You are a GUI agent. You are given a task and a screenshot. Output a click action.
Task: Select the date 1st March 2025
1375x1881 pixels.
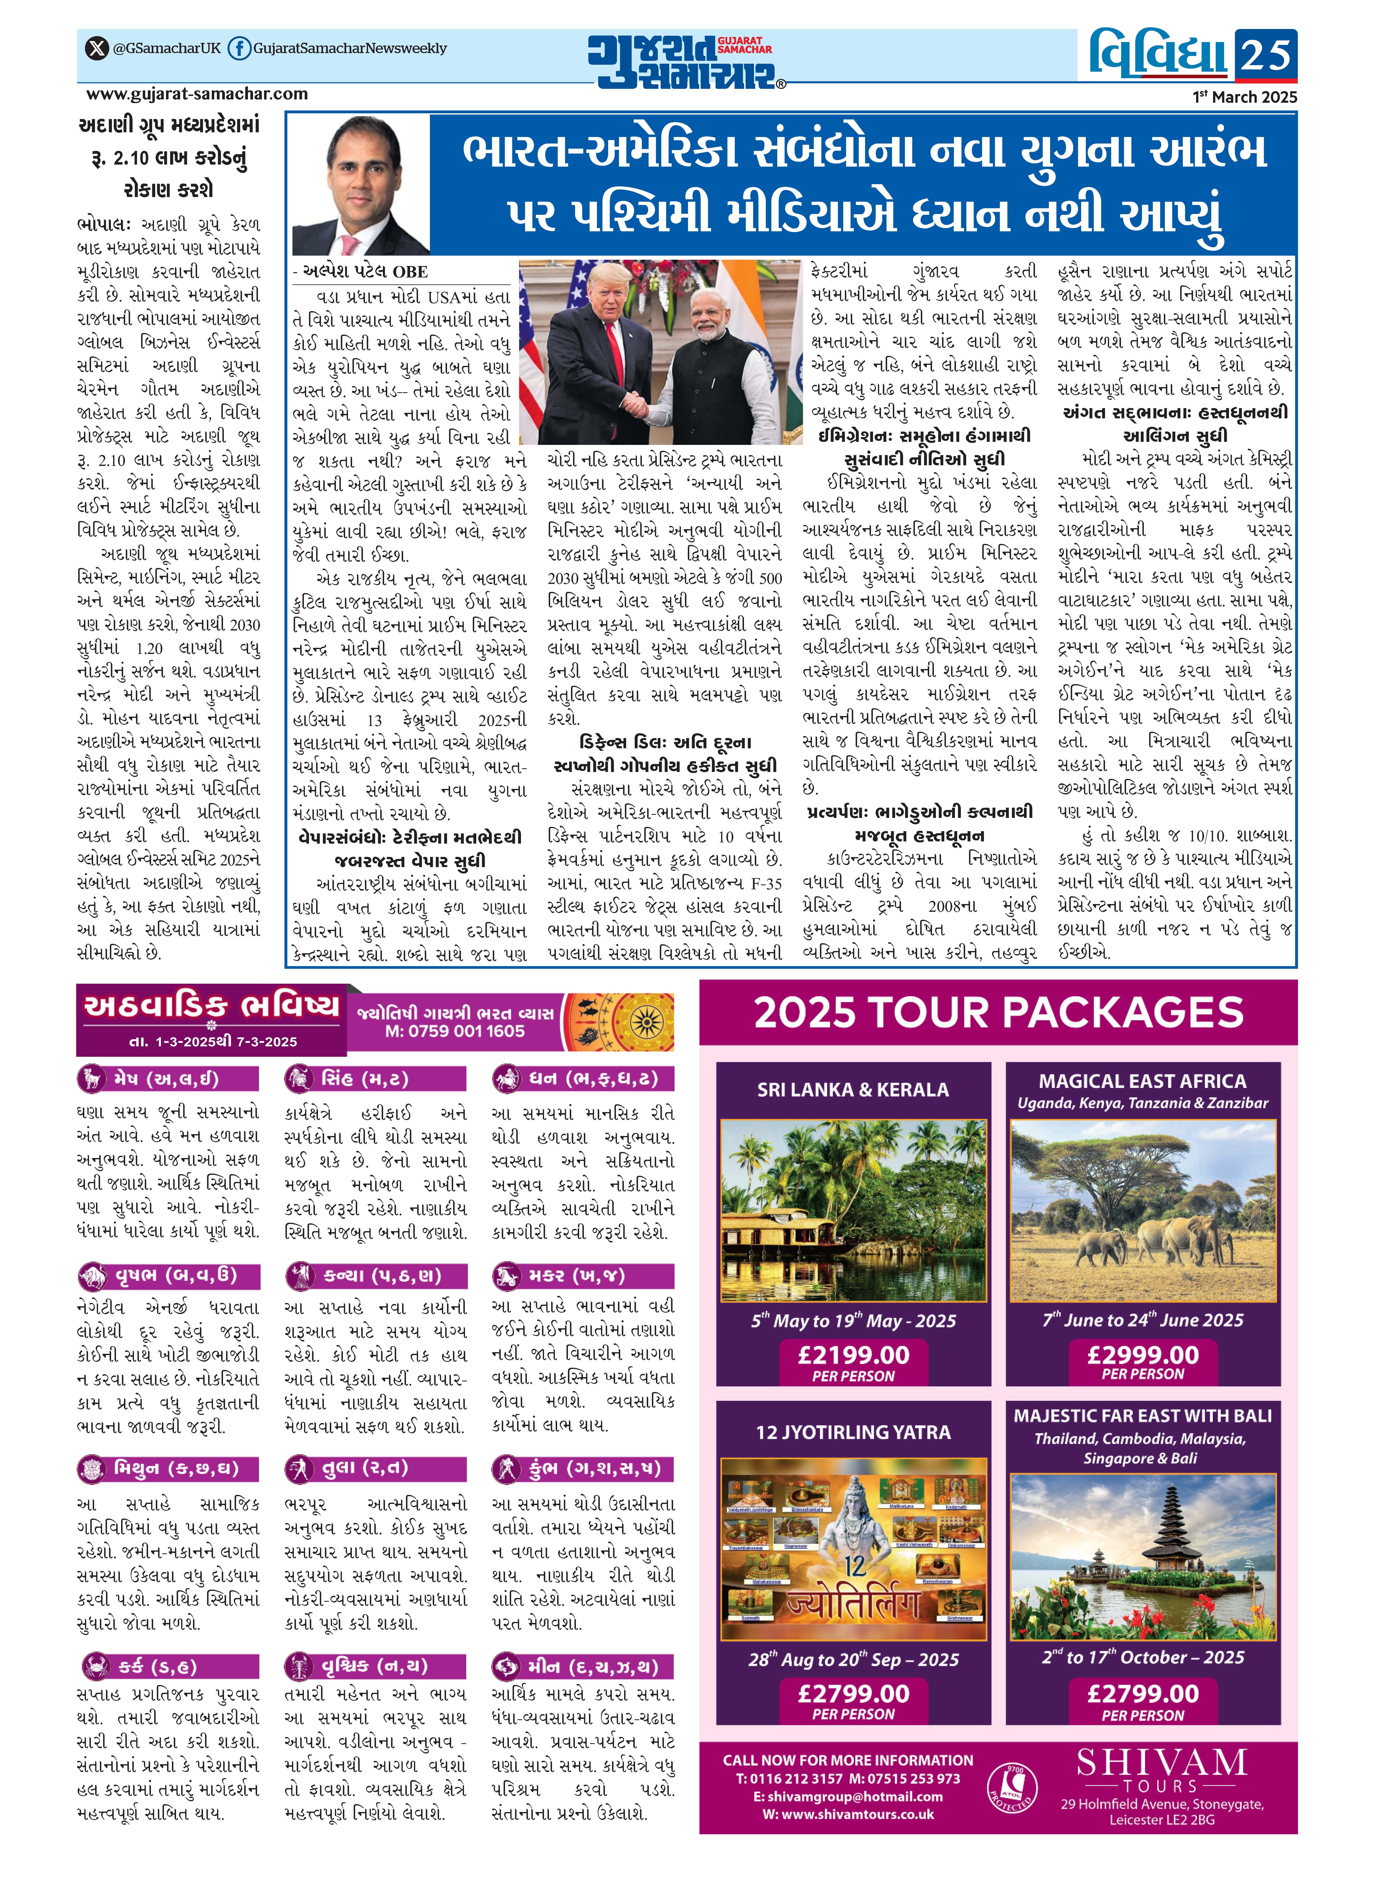1244,97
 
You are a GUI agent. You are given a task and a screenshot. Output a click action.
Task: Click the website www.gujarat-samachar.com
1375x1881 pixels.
197,94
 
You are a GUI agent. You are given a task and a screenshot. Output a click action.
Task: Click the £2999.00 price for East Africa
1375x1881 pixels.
1143,1354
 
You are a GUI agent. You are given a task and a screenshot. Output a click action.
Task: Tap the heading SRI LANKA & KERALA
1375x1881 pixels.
853,1090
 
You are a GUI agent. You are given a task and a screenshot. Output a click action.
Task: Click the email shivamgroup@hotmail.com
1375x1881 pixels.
847,1797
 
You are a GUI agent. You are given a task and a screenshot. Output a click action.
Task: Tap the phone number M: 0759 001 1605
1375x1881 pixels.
454,1032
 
